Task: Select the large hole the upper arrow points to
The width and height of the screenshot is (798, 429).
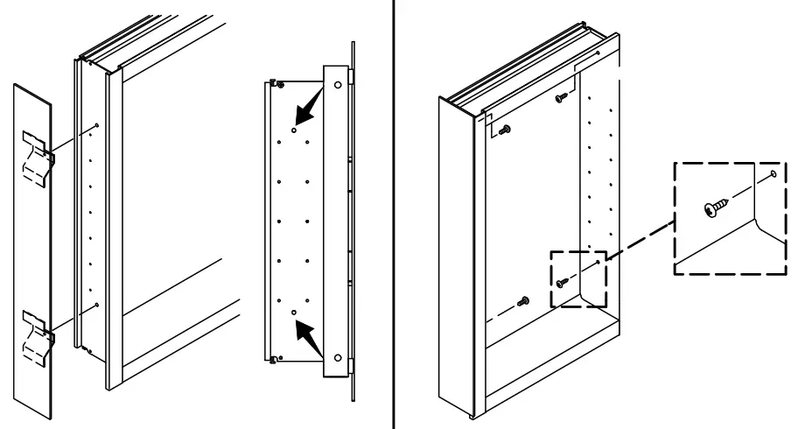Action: tap(294, 129)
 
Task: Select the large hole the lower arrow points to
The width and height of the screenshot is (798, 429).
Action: tap(294, 312)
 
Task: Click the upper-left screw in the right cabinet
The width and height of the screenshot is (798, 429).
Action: tap(505, 130)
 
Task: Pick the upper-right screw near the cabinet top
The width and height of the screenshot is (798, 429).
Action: tap(560, 99)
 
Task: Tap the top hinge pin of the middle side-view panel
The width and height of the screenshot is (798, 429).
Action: tap(275, 83)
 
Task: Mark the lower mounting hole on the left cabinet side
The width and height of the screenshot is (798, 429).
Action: tap(95, 306)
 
